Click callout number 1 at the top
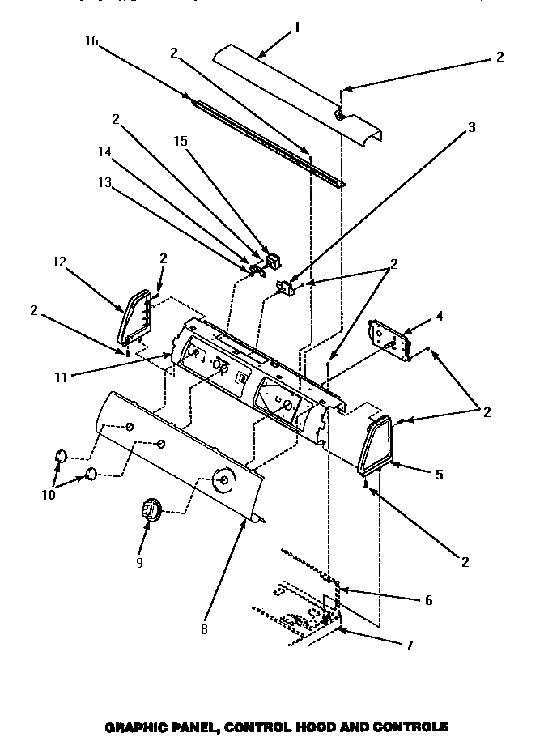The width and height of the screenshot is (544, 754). click(x=296, y=27)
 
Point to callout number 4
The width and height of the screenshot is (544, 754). click(x=440, y=317)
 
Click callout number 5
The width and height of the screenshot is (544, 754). click(x=439, y=475)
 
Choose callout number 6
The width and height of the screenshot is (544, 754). click(x=428, y=600)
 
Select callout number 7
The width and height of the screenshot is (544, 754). click(x=410, y=645)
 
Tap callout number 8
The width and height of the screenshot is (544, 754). click(x=205, y=628)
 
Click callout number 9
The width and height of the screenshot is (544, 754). click(x=141, y=562)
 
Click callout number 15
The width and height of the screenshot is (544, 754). click(x=181, y=141)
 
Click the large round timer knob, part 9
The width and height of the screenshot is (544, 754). click(x=150, y=510)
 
